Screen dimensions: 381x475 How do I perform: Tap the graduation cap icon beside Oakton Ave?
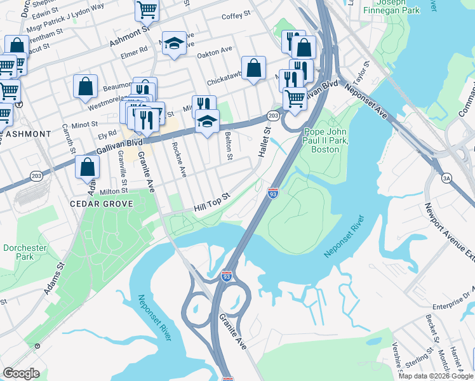pos(174,43)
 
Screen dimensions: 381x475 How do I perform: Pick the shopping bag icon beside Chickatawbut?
pos(253,68)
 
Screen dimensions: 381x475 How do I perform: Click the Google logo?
pos(22,373)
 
